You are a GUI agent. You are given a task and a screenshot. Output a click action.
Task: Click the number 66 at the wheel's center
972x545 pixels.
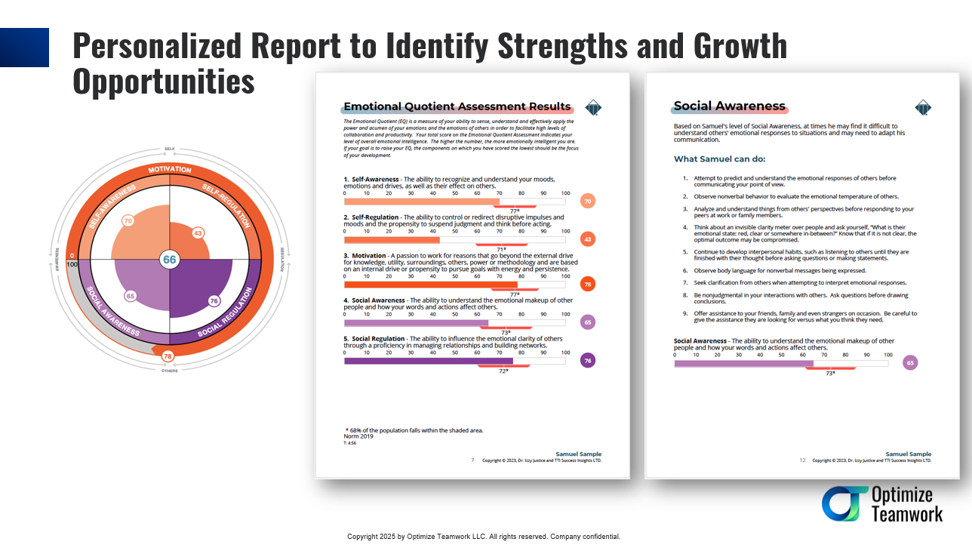coord(170,260)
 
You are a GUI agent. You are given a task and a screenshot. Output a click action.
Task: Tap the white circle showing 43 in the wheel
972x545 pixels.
coord(198,233)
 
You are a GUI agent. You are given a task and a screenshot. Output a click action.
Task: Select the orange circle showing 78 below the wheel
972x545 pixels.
coord(168,356)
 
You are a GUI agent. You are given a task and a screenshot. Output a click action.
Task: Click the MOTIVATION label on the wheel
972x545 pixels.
coord(170,170)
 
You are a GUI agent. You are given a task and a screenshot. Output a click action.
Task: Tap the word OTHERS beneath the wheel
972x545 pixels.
coord(170,371)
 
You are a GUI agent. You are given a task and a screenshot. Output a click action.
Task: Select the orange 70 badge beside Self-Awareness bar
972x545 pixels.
coord(588,201)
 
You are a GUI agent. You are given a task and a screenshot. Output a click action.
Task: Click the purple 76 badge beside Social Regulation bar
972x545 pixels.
coord(588,361)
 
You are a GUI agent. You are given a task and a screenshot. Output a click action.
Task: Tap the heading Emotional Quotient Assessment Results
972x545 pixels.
coord(457,107)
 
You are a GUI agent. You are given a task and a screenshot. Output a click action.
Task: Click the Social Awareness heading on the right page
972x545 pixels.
coord(730,106)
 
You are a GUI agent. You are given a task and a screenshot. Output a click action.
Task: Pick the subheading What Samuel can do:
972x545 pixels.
coord(719,159)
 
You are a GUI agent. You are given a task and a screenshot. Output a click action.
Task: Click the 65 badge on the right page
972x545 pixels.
coord(910,363)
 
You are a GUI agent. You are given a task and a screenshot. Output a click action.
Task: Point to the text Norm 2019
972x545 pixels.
coord(359,437)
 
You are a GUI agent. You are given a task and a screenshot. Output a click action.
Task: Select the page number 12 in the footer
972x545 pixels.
coord(803,460)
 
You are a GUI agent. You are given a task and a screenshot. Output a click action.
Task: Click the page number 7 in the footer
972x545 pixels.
coord(472,460)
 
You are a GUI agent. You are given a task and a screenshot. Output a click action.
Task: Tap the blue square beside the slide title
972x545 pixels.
coord(24,48)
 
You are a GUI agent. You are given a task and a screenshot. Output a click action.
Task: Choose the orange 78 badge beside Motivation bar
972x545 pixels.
coord(588,284)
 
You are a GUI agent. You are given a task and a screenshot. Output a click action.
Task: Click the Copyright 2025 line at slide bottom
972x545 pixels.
coord(484,537)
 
